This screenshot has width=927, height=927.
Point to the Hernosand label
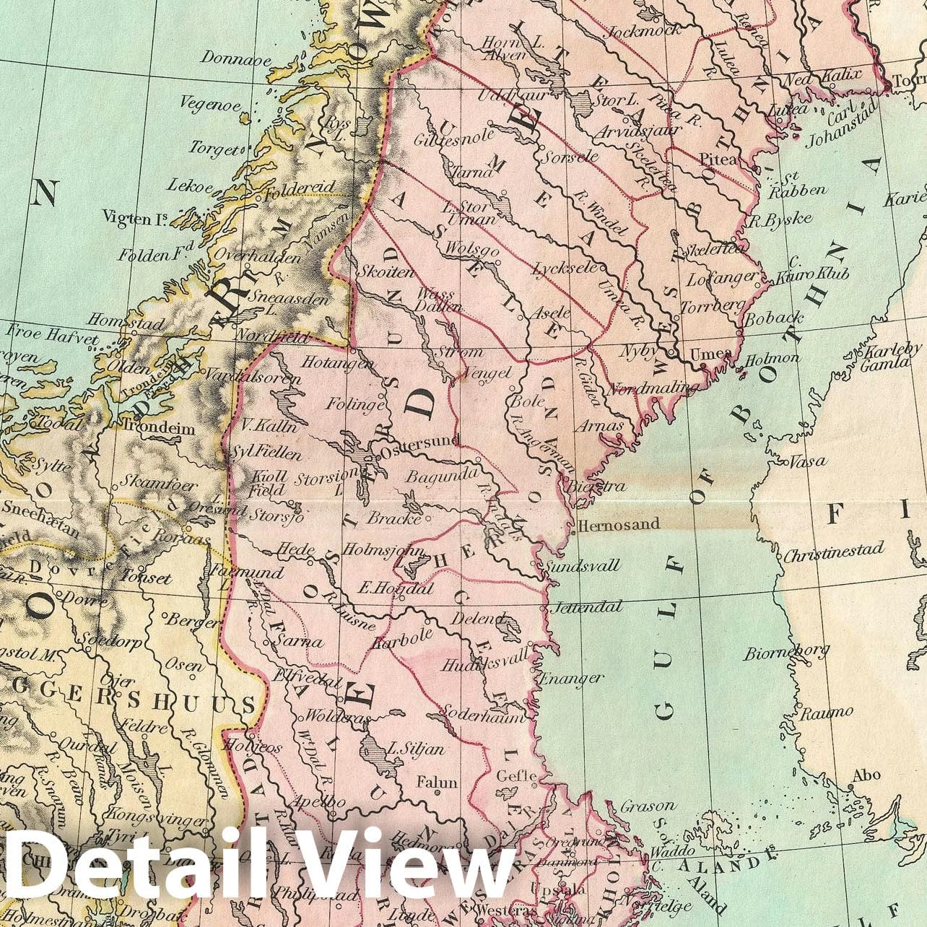coord(619,523)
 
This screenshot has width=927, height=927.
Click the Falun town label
coord(437,782)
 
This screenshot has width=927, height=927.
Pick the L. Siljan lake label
coord(417,749)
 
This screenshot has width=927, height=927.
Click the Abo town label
coord(866,775)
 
